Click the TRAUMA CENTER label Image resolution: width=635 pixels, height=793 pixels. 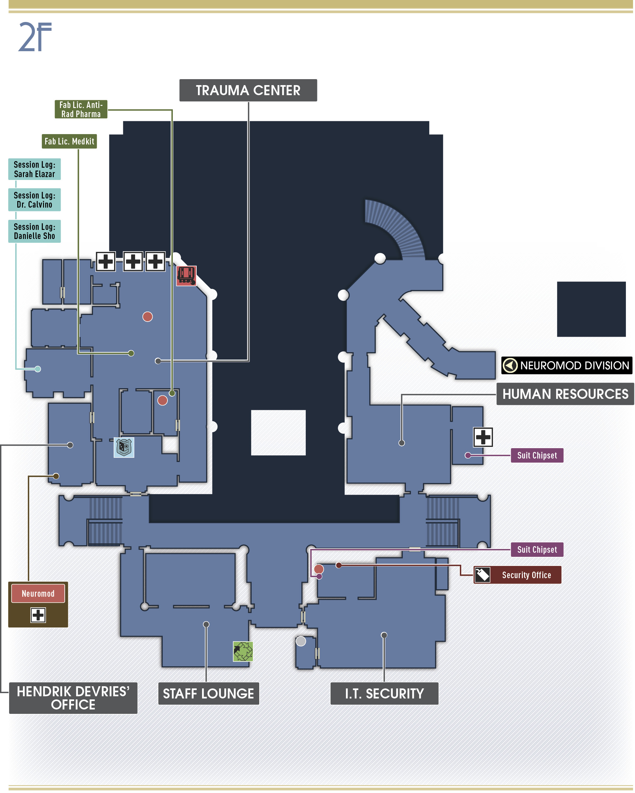point(248,90)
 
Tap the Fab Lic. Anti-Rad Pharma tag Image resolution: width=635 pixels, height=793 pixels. point(81,109)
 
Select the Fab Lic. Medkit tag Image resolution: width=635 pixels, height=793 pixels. point(69,141)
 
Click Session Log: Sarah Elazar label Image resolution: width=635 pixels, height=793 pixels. point(35,169)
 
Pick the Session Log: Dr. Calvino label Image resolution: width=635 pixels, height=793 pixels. point(35,200)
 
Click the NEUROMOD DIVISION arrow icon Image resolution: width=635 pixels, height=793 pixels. point(510,365)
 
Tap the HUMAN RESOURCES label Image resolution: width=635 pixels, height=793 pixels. point(565,394)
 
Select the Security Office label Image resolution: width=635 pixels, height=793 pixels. point(517,575)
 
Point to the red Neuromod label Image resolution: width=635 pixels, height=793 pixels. point(38,594)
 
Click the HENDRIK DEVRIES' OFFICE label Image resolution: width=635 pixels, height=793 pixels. point(73,698)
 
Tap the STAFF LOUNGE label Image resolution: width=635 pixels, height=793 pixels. point(209,694)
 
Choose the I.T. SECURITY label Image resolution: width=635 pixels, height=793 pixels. point(385,694)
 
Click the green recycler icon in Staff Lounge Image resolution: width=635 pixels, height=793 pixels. point(243,651)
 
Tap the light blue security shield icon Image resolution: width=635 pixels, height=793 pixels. point(124,447)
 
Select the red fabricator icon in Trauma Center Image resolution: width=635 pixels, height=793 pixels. point(187,276)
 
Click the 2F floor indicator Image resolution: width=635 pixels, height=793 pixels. point(35,36)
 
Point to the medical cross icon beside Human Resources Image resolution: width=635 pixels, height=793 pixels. point(483,437)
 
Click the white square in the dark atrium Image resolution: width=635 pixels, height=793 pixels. point(278,432)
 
